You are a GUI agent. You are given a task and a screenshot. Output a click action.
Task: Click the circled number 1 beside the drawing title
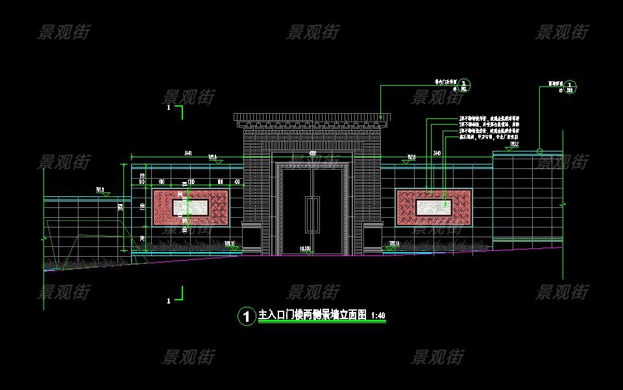(246, 317)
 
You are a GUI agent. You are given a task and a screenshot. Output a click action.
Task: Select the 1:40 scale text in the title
(377, 316)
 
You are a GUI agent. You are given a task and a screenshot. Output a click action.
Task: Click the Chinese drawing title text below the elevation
(311, 316)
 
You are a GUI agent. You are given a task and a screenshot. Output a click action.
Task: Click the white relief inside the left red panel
(189, 207)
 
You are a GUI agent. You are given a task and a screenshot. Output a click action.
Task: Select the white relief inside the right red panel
(434, 207)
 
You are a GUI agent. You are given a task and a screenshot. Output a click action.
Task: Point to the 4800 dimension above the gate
(312, 153)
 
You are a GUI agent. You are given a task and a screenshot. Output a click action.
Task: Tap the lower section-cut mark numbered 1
(170, 300)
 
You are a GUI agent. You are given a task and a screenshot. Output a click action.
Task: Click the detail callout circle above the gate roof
(465, 85)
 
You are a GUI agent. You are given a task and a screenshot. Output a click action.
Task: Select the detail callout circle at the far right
(569, 85)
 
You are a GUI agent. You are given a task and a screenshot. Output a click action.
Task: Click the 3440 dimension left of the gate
(188, 153)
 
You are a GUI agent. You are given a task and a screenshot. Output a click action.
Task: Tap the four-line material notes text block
(488, 128)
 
